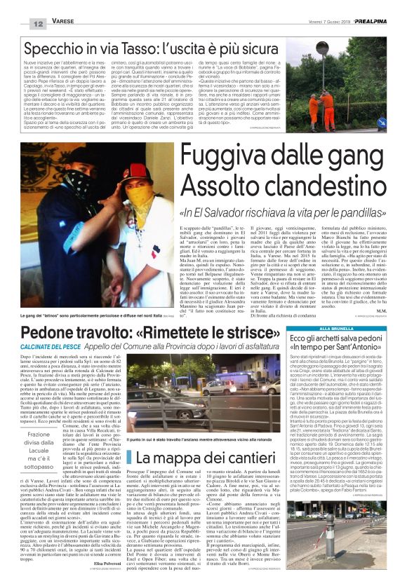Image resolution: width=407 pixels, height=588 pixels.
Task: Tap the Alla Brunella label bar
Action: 315,329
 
